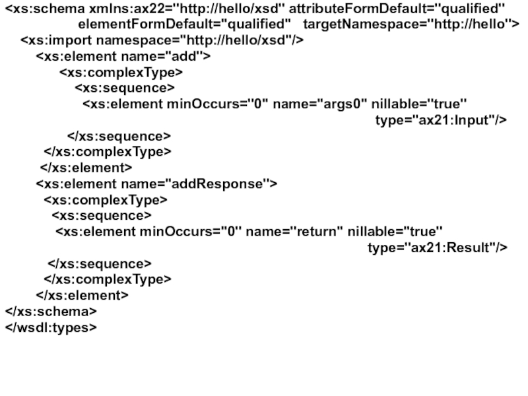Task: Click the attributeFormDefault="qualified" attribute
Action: (x=397, y=9)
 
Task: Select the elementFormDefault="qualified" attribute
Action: (x=185, y=24)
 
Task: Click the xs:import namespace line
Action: (x=162, y=41)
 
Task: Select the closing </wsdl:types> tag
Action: (x=51, y=326)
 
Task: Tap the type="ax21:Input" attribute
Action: (x=441, y=119)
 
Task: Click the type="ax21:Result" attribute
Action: (x=438, y=247)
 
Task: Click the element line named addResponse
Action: (x=156, y=183)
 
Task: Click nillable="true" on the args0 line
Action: (x=419, y=104)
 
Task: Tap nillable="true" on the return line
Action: (x=395, y=232)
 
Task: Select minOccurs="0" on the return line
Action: (x=191, y=232)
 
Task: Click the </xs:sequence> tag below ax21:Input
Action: (x=119, y=136)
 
